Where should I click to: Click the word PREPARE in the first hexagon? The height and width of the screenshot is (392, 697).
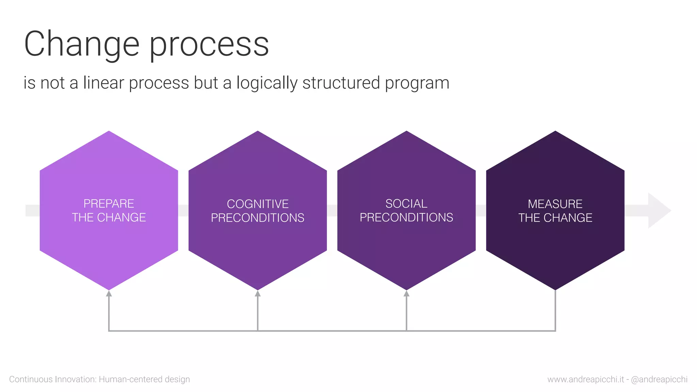pyautogui.click(x=109, y=203)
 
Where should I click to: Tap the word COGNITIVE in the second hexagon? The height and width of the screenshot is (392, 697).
pyautogui.click(x=258, y=204)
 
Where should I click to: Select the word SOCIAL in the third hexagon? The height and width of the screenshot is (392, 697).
pyautogui.click(x=406, y=203)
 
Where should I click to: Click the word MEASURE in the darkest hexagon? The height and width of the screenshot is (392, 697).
pyautogui.click(x=555, y=204)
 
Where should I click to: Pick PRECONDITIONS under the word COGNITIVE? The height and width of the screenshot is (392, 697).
pyautogui.click(x=258, y=218)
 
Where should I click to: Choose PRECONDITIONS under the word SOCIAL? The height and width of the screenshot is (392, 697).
pyautogui.click(x=406, y=217)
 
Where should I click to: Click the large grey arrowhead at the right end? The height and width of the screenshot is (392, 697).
pyautogui.click(x=659, y=211)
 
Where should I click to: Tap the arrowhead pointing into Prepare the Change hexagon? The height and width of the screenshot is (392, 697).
pyautogui.click(x=109, y=293)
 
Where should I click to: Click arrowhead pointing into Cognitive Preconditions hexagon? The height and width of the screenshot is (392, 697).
pyautogui.click(x=258, y=293)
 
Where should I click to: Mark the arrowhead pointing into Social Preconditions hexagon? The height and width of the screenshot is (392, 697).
pyautogui.click(x=406, y=293)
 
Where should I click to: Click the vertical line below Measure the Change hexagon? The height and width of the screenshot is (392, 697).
pyautogui.click(x=555, y=310)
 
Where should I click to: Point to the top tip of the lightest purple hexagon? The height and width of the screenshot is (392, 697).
pyautogui.click(x=109, y=132)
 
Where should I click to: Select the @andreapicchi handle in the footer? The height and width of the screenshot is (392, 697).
pyautogui.click(x=659, y=379)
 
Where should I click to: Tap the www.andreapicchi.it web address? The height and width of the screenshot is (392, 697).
pyautogui.click(x=586, y=379)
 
